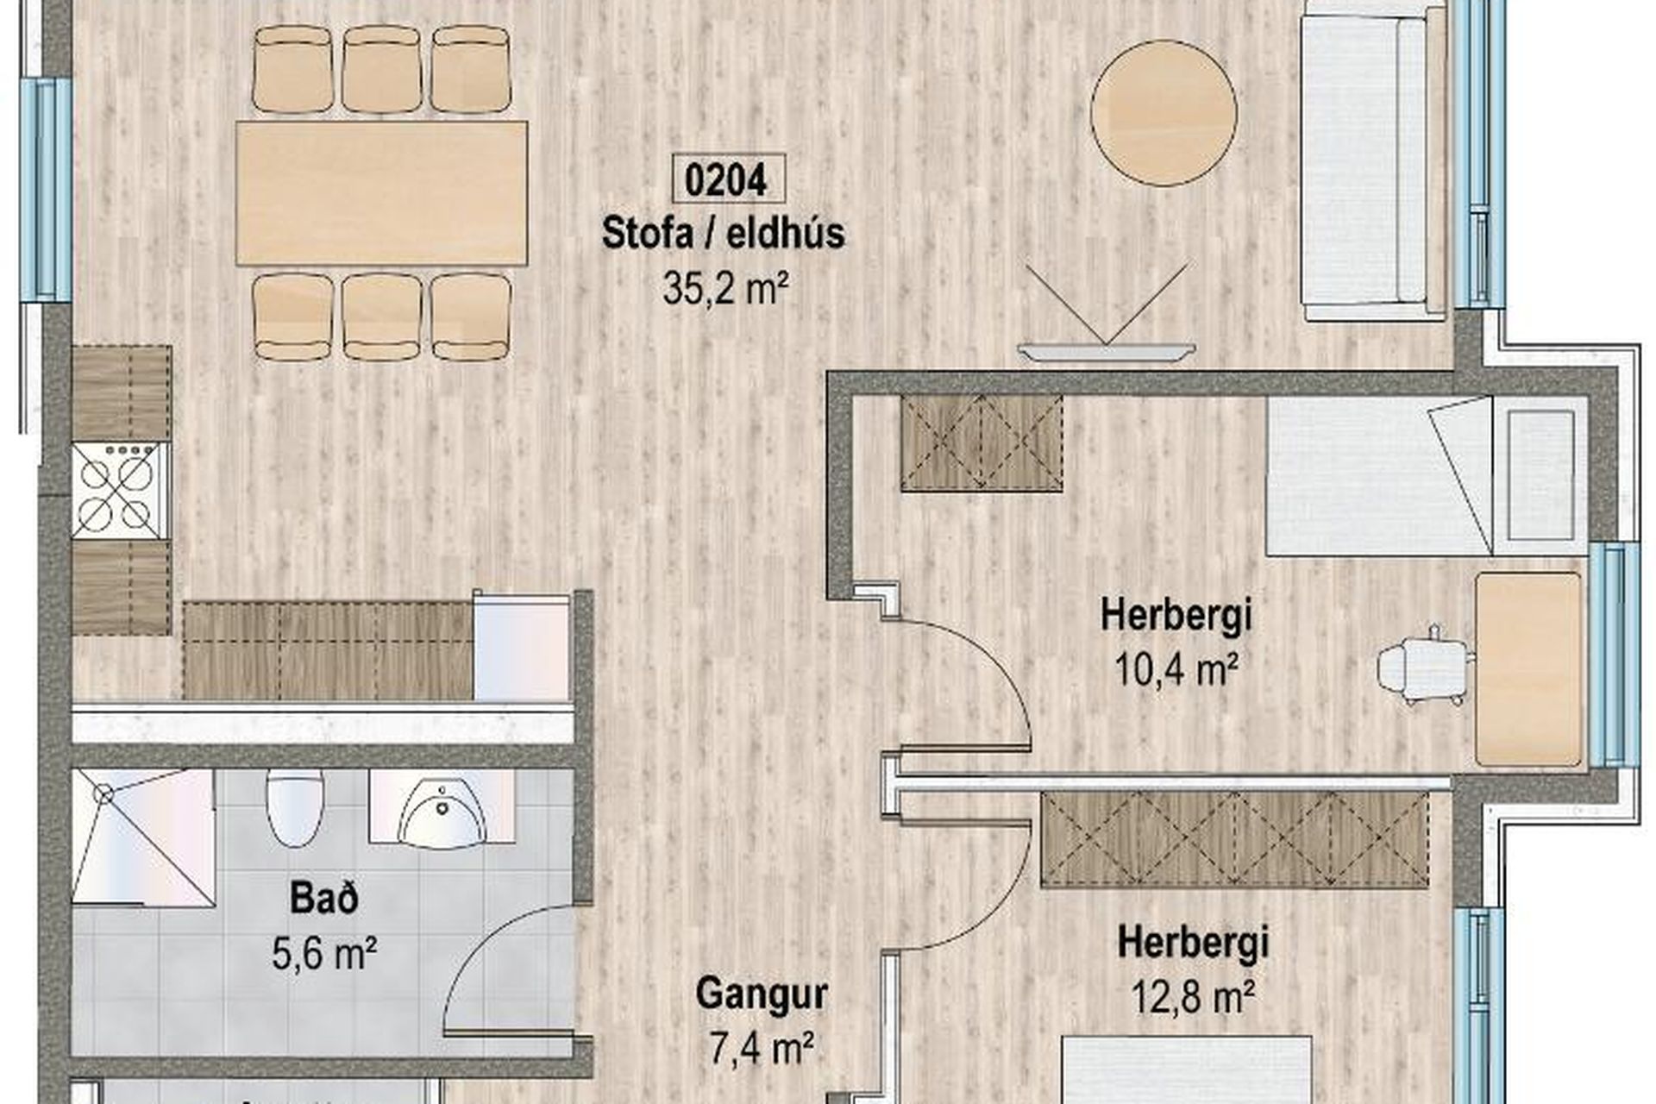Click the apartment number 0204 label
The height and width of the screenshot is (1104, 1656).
[728, 179]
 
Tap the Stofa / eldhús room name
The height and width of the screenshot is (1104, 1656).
[723, 233]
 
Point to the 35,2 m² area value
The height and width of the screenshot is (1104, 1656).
[726, 288]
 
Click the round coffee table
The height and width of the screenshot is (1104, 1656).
[1164, 113]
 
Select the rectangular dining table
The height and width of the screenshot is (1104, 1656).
[381, 192]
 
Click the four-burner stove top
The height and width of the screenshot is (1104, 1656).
[121, 490]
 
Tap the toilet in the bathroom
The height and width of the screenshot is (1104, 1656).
[295, 806]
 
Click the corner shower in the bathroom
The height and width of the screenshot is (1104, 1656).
[143, 837]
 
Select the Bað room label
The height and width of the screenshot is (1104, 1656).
[324, 899]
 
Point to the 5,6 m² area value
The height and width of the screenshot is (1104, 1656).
[324, 954]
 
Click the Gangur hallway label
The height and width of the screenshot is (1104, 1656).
[762, 994]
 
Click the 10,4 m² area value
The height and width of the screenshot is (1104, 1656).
[1177, 669]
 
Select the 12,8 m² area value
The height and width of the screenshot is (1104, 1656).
[1193, 997]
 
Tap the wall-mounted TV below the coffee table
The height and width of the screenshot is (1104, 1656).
[1107, 351]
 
